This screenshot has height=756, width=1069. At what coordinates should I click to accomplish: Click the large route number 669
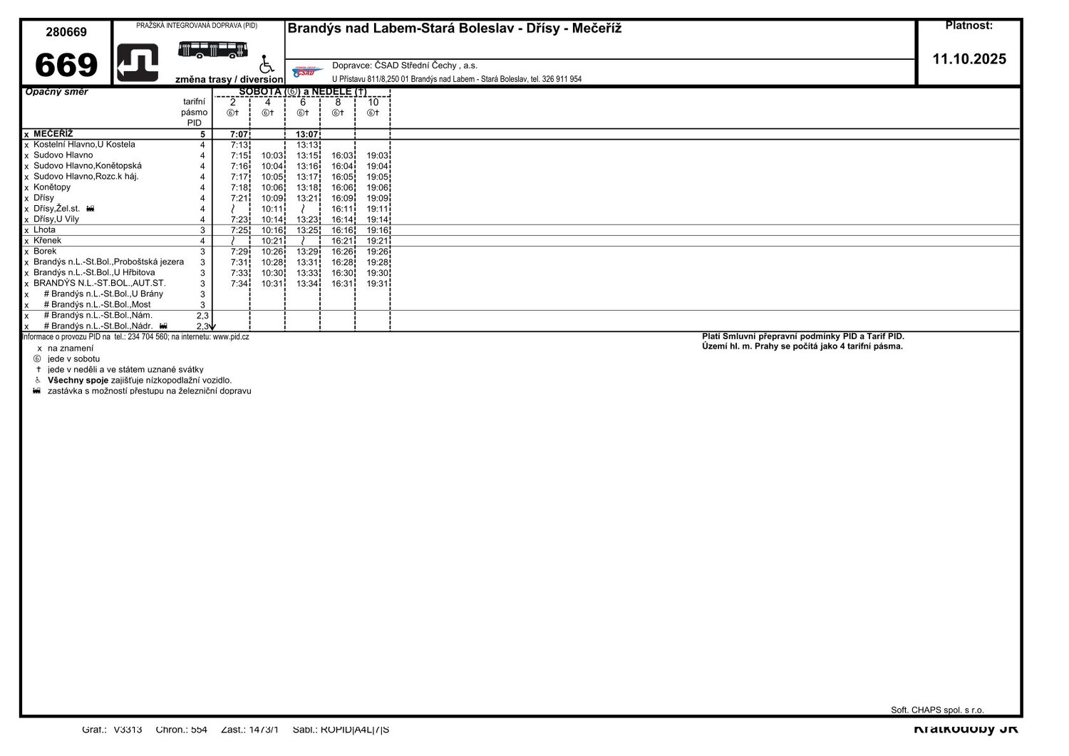66,65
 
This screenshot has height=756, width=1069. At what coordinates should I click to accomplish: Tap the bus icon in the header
212,49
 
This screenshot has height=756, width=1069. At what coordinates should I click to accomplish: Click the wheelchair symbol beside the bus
267,65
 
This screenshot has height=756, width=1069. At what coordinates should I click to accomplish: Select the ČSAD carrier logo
308,71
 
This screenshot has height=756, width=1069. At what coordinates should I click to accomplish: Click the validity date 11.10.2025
969,59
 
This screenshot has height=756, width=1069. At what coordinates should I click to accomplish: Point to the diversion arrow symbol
138,63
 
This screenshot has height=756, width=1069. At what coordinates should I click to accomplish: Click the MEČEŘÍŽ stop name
53,134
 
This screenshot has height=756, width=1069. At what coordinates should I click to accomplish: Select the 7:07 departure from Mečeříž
239,135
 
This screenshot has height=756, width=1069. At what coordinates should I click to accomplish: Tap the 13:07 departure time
306,135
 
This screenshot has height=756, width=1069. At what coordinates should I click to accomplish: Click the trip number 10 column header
373,103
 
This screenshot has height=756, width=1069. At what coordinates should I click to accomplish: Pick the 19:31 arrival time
377,284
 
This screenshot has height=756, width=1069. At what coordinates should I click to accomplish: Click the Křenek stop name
47,241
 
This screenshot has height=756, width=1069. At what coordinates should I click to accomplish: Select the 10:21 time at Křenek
272,242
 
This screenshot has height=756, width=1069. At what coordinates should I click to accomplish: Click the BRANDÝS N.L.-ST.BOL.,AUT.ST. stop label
99,284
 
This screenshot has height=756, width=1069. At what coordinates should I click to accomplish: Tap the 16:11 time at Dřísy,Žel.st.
342,209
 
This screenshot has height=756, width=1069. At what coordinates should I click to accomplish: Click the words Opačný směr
56,92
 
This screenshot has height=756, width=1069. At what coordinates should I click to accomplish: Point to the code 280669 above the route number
66,32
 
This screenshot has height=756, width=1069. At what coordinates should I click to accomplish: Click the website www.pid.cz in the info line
230,337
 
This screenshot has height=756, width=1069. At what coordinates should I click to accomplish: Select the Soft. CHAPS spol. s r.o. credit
936,710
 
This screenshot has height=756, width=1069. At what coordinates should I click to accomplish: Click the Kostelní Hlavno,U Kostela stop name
84,145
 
